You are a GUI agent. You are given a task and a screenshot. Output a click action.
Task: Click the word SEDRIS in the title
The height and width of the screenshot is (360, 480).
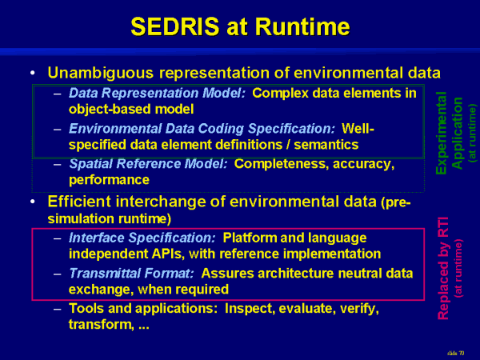click(174, 26)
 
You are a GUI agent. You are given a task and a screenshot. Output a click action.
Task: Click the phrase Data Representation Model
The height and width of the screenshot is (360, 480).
click(157, 93)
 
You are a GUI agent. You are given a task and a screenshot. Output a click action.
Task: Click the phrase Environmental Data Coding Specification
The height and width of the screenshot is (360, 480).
click(202, 129)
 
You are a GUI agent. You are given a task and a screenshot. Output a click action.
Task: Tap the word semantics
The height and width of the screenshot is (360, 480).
click(326, 145)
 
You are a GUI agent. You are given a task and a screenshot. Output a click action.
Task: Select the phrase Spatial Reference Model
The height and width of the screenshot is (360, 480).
click(148, 164)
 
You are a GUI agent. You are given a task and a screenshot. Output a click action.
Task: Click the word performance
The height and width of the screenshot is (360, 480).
click(109, 180)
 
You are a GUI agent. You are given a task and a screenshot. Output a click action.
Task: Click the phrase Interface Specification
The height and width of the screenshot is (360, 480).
click(142, 238)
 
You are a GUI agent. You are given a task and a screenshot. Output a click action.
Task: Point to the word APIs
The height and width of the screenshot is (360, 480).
click(168, 254)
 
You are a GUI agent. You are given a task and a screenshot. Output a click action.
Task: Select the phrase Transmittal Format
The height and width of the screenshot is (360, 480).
click(131, 274)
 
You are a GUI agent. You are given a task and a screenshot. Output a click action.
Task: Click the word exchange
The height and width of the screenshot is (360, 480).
click(101, 290)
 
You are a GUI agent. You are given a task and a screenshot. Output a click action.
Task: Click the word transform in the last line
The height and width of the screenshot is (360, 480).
click(101, 325)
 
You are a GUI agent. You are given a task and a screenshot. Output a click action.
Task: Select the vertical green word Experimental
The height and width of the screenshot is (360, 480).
click(441, 133)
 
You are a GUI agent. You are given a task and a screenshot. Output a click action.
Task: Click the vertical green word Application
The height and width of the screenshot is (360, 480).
click(458, 133)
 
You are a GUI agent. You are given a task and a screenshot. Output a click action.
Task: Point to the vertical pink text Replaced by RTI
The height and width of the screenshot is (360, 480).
click(443, 269)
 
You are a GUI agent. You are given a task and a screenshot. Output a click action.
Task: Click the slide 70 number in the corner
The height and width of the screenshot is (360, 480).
click(455, 354)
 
